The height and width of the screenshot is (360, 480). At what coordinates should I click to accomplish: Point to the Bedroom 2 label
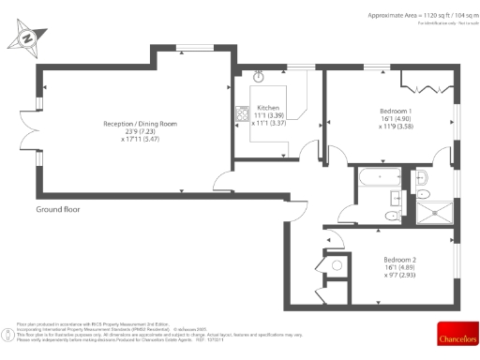click(x=400, y=260)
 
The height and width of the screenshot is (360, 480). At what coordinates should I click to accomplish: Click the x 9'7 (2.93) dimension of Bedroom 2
click(x=400, y=277)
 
